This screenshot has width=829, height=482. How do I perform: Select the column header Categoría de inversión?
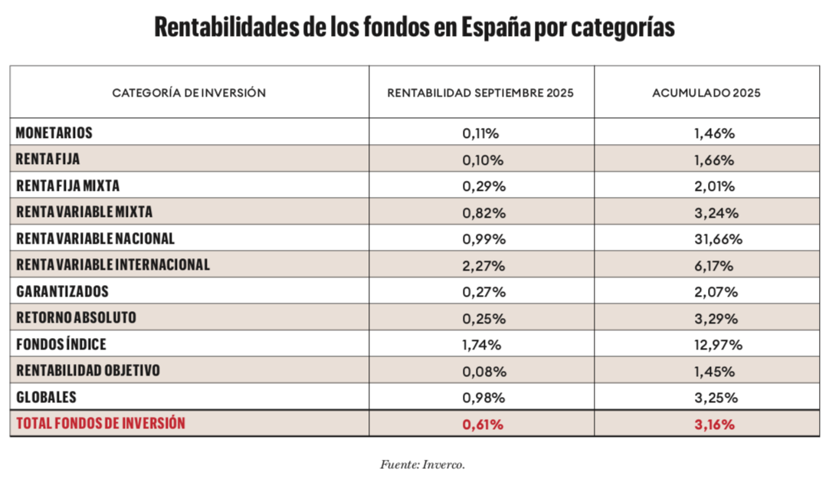(x=189, y=93)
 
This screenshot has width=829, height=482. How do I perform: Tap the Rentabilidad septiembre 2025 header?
(x=480, y=93)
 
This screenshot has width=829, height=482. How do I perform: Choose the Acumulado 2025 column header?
(x=706, y=93)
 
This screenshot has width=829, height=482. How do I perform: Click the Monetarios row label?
(x=54, y=133)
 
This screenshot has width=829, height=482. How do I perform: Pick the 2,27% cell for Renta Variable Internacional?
(x=483, y=265)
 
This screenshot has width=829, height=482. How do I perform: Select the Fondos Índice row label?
(x=61, y=344)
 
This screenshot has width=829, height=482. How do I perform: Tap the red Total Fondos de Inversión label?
(x=101, y=423)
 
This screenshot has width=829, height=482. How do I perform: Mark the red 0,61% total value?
(x=483, y=423)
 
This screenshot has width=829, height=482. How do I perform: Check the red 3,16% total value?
(x=716, y=423)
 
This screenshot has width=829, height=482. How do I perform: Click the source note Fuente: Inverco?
(x=422, y=464)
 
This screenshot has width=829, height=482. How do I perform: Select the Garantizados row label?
(x=62, y=291)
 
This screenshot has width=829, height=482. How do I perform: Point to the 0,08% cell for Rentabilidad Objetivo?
(x=483, y=371)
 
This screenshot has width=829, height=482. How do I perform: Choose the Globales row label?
(x=47, y=397)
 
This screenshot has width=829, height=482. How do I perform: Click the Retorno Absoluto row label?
(x=77, y=318)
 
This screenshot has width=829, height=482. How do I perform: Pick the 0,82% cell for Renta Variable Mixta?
(x=483, y=212)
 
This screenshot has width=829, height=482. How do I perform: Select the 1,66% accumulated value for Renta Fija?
(x=716, y=159)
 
